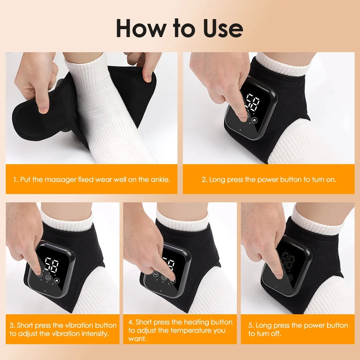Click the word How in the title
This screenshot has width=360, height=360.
[137, 28]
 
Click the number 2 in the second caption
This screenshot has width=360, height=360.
[204, 179]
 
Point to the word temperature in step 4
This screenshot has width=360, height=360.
[188, 330]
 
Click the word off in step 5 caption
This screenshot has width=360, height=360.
[276, 334]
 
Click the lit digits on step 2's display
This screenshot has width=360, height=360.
[252, 103]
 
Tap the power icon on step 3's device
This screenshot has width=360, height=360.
[49, 278]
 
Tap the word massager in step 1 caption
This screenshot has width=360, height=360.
[60, 179]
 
